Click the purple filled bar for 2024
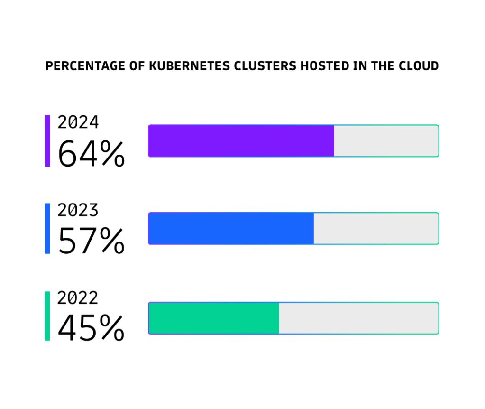coord(241,141)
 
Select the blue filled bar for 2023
coord(231,229)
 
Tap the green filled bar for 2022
coord(214,318)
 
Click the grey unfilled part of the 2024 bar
coord(386,141)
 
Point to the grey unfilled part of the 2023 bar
coord(375,229)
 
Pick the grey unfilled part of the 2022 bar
coord(358,318)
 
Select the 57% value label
coord(91,241)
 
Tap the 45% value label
coord(91,328)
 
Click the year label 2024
coord(78,122)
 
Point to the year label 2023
coord(78,210)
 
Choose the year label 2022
coord(78,297)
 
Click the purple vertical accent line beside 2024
coord(47,141)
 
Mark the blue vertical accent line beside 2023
coord(47,228)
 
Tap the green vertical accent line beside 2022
coord(47,316)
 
